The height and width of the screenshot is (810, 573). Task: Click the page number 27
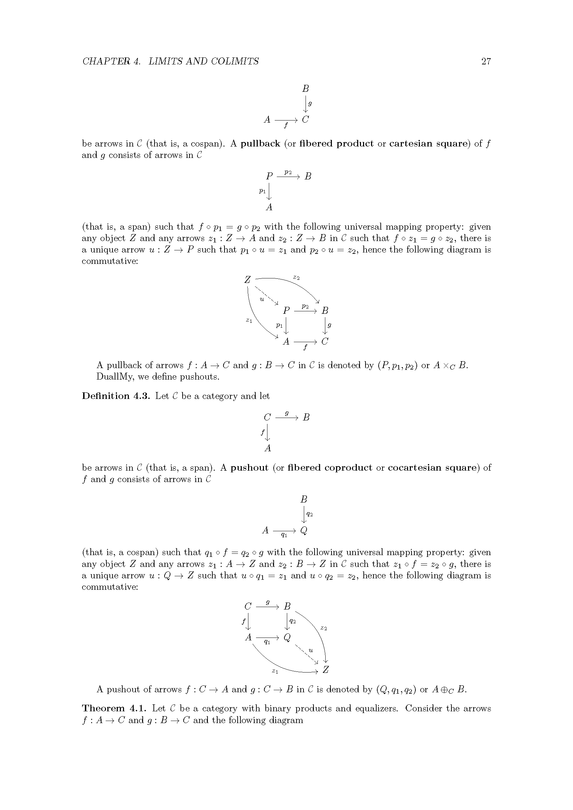[485, 61]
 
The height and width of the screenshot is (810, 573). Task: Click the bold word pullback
[260, 144]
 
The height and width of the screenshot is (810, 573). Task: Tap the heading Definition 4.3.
[116, 396]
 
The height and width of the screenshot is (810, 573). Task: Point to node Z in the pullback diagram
[247, 280]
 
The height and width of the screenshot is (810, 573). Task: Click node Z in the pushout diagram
[326, 670]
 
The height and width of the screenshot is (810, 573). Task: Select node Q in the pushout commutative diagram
[287, 638]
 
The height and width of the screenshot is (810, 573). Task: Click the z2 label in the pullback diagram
[297, 278]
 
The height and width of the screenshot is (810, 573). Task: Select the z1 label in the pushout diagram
[275, 671]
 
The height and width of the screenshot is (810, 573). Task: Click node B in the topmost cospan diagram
[306, 89]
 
